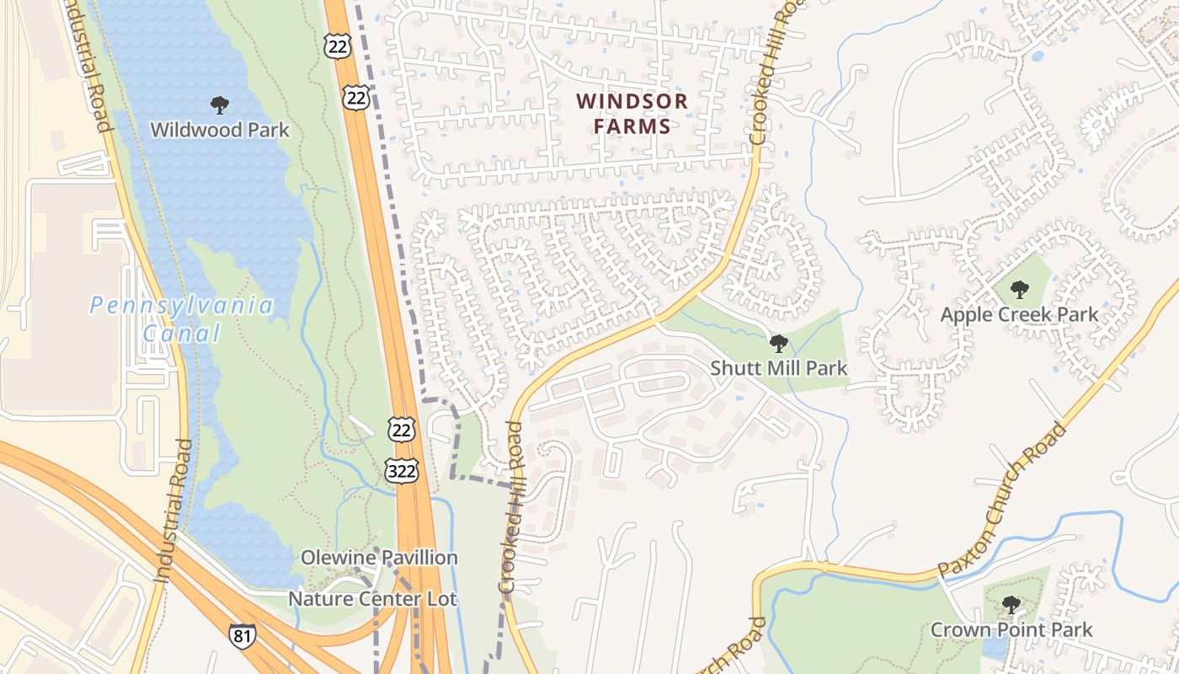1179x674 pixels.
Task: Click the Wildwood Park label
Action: coord(219,130)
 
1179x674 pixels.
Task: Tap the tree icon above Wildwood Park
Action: coord(219,105)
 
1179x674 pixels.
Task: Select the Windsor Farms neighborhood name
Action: coord(632,114)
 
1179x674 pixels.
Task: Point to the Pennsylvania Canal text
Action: coord(182,318)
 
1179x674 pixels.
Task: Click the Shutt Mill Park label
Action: coord(779,368)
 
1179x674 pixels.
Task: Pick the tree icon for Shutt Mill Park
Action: coord(779,344)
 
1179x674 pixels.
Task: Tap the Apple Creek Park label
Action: coord(1019,314)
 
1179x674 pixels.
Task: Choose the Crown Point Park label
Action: coord(1011,629)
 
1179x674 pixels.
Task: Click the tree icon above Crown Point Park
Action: coord(1011,605)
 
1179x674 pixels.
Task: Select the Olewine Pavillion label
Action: coord(380,558)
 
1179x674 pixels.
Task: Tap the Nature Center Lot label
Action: coord(372,599)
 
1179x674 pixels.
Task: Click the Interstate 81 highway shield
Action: coord(242,635)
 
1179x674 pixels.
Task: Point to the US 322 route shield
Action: coord(401,470)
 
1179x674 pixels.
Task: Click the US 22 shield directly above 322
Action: coord(401,430)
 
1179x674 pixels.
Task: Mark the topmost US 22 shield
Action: coord(336,46)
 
